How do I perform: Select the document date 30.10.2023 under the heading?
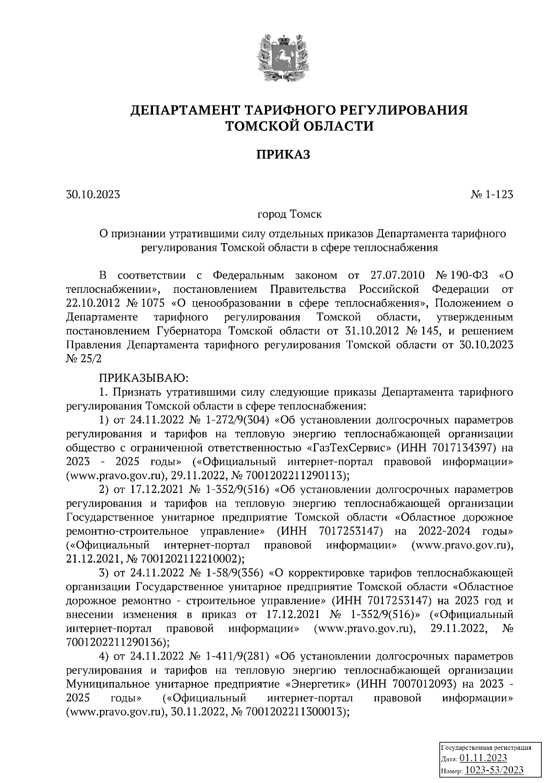click(x=93, y=195)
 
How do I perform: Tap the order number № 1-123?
click(x=492, y=195)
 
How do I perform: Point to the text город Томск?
click(x=289, y=214)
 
